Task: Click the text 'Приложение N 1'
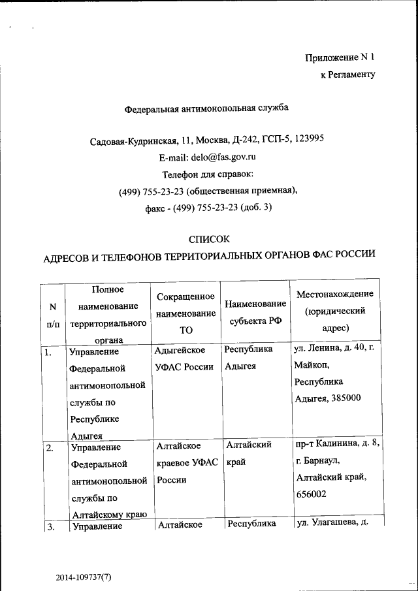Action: click(x=340, y=57)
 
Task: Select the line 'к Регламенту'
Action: click(x=347, y=75)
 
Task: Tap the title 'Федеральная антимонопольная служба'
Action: click(x=206, y=108)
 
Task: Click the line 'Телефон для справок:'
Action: click(x=207, y=174)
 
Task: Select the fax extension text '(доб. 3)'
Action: click(x=255, y=208)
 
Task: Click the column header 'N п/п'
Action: click(x=53, y=314)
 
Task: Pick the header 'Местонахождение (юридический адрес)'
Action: click(x=334, y=311)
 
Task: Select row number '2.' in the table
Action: click(x=49, y=449)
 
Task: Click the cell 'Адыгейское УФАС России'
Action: click(x=184, y=359)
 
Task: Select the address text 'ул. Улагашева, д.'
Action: click(x=335, y=524)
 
